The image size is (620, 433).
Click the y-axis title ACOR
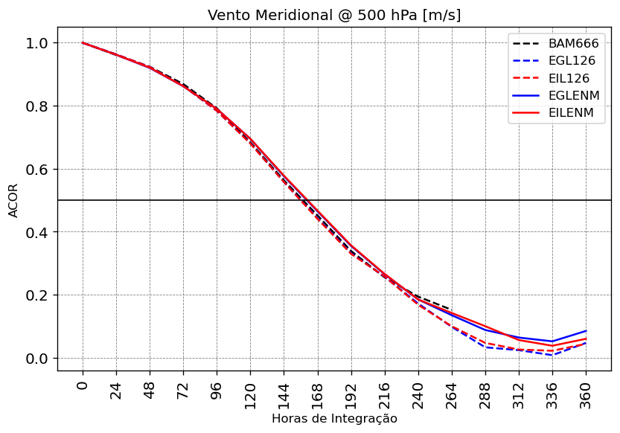coord(13,200)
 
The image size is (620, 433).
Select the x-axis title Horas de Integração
coord(334,419)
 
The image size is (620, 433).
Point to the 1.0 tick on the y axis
coord(36,43)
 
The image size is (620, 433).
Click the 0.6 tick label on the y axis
coord(36,170)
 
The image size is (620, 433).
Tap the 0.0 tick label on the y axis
coord(36,359)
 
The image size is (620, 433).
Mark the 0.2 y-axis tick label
coord(36,295)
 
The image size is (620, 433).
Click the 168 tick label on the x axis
coord(318,392)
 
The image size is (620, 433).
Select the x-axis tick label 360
coord(586,392)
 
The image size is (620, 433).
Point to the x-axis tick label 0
coord(83,385)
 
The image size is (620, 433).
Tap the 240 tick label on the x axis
coord(418,392)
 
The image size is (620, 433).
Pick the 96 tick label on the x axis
coord(217,389)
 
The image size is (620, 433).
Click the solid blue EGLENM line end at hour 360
coord(586,331)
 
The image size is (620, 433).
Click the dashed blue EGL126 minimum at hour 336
coord(552,355)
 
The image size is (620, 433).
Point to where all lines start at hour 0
coord(83,43)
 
